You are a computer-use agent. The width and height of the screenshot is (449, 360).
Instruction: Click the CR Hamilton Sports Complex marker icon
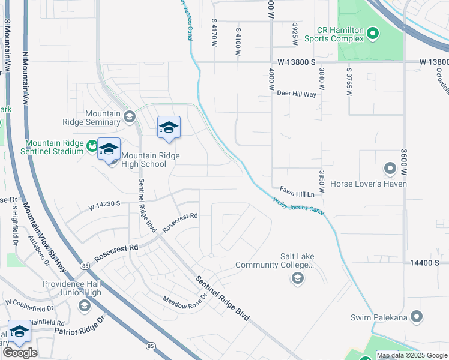click(x=372, y=33)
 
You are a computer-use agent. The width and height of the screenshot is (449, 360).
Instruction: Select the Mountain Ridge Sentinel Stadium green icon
click(x=92, y=145)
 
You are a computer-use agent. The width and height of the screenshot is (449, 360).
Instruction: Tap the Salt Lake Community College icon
click(x=297, y=278)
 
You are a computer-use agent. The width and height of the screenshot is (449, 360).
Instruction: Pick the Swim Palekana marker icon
click(x=417, y=317)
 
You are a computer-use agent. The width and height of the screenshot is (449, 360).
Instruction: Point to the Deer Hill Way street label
click(x=297, y=94)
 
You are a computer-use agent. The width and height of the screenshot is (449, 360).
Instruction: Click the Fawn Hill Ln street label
click(x=297, y=194)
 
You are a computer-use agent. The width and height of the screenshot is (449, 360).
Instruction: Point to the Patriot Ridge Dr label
click(x=79, y=331)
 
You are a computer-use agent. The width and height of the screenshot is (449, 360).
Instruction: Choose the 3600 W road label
click(x=405, y=159)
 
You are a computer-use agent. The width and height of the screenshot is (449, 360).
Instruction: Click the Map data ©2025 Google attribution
click(x=412, y=355)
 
